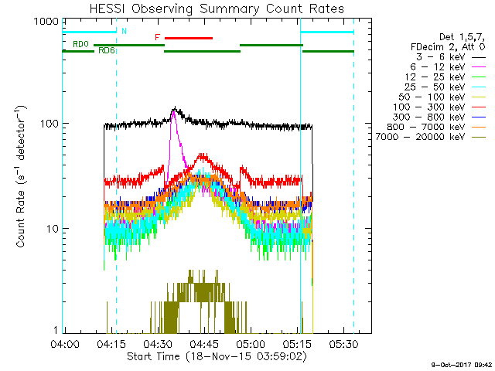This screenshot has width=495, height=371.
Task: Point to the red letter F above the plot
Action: coord(157,37)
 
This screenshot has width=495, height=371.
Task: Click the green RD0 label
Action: coord(80,45)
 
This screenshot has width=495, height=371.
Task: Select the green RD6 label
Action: coord(106,50)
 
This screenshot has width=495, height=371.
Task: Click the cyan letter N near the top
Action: coord(124,31)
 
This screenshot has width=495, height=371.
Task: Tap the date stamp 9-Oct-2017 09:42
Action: coord(461,363)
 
